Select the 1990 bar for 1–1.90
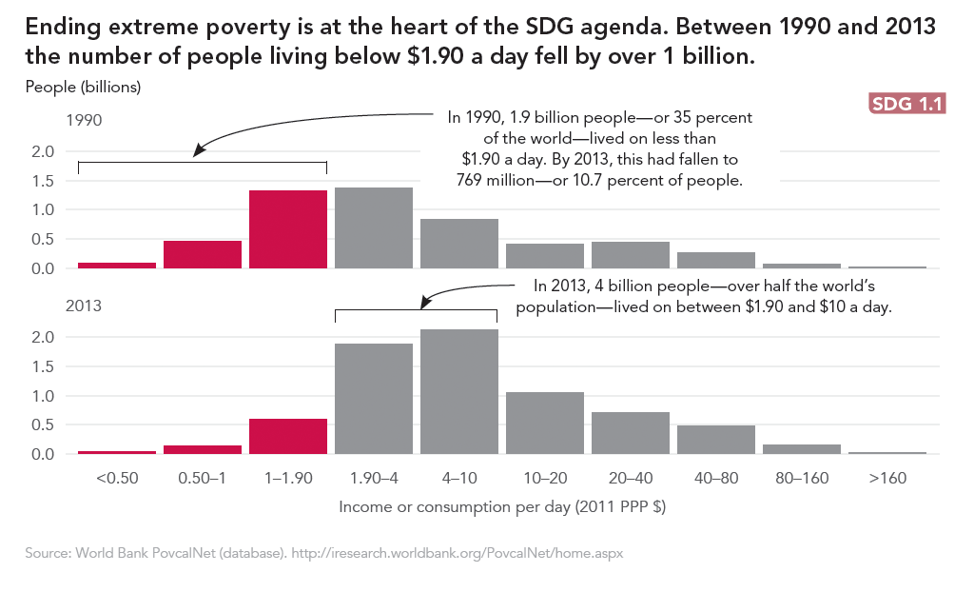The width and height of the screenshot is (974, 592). click(x=288, y=229)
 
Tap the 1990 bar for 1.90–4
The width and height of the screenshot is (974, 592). click(x=374, y=228)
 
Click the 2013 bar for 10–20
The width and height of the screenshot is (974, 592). click(x=545, y=423)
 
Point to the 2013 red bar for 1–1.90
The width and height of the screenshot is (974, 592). click(x=288, y=437)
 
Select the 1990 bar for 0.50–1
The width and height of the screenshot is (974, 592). click(x=203, y=254)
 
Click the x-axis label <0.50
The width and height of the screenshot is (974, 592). click(x=117, y=478)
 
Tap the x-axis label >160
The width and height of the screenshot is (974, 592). click(x=887, y=478)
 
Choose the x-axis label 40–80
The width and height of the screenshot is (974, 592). click(x=716, y=478)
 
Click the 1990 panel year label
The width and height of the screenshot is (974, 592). click(x=84, y=121)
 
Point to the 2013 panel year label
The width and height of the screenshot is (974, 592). click(x=84, y=306)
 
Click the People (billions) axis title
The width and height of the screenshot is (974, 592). click(x=84, y=88)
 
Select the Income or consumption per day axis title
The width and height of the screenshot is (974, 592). click(x=502, y=506)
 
